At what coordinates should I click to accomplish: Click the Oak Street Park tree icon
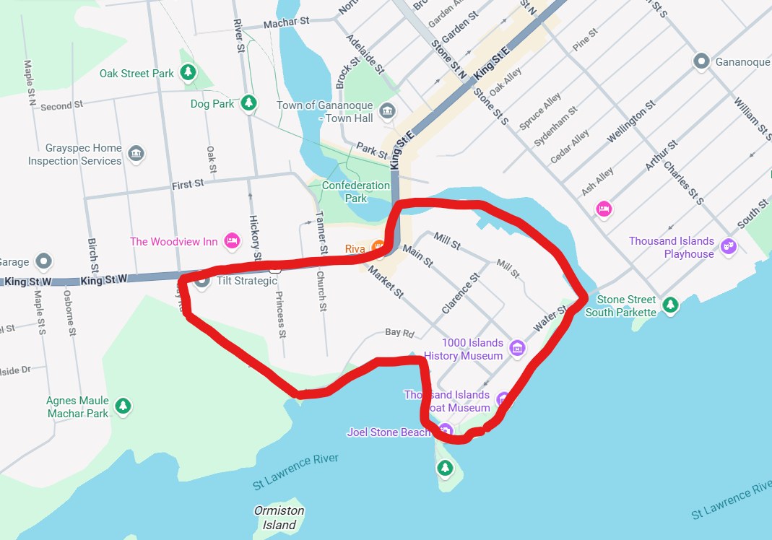188,72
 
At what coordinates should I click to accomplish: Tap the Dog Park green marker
249,103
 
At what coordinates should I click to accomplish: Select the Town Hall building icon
388,111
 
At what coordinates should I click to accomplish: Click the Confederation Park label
355,191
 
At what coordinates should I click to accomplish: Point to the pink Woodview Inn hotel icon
232,240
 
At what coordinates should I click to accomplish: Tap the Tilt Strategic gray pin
203,280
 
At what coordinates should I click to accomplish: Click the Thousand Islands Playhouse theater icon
729,246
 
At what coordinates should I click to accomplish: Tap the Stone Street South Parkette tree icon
671,305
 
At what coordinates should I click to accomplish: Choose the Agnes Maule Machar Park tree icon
123,406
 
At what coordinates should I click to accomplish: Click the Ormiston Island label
279,518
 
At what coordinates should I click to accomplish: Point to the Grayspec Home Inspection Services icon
136,154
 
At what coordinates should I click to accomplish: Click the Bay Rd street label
400,333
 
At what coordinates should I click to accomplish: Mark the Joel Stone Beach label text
389,432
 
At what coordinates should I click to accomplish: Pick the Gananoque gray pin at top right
701,61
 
